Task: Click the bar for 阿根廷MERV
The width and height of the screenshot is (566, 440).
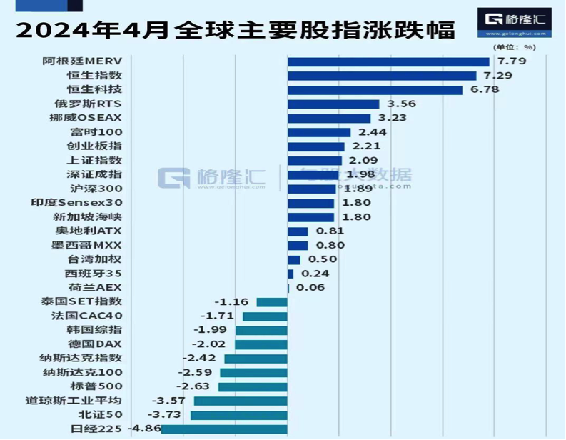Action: point(388,61)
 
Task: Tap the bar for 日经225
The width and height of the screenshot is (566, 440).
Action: point(224,429)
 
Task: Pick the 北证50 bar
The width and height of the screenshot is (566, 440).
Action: point(238,415)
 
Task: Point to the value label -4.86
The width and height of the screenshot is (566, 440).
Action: point(143,429)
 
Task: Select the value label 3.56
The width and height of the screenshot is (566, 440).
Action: point(402,104)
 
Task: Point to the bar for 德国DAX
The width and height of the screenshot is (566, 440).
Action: point(261,344)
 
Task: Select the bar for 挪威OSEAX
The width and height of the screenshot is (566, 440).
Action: point(329,118)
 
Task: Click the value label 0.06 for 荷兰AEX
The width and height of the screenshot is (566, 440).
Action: point(310,288)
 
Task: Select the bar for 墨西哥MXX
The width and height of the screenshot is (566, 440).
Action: point(298,245)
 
